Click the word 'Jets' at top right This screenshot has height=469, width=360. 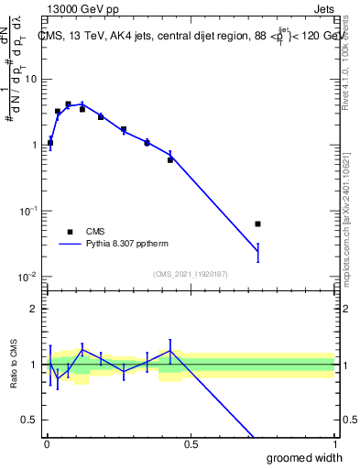(x=323, y=8)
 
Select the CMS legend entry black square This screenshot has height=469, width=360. (x=69, y=232)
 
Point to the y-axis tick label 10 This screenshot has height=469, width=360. (x=30, y=79)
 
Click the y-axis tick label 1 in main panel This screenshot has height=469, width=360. (x=34, y=145)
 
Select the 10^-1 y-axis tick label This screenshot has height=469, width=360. (x=28, y=210)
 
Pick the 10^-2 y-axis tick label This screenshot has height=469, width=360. (x=28, y=276)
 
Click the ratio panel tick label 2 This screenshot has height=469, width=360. (x=34, y=309)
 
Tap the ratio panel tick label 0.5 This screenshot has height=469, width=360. (x=29, y=420)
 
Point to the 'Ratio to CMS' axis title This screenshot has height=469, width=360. (x=13, y=365)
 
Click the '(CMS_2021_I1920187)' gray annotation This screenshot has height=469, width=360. (x=191, y=273)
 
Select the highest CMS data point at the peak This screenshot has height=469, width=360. (x=68, y=104)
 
